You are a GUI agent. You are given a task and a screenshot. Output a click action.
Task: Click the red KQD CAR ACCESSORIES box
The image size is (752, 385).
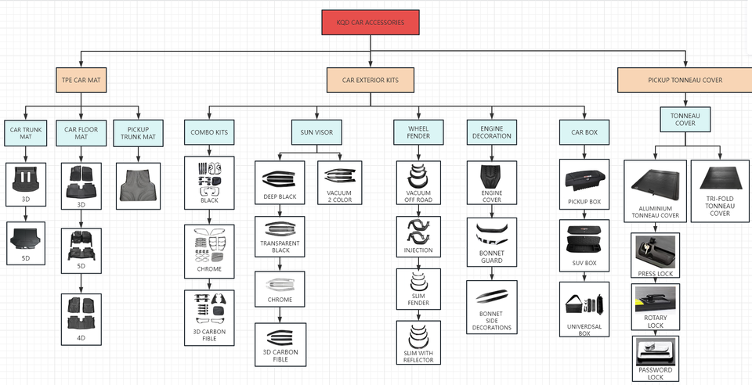(371, 23)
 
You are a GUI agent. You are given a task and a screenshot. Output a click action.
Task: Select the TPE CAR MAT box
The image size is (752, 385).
(81, 80)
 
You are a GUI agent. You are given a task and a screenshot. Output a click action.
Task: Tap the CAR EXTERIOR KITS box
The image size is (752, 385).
(371, 80)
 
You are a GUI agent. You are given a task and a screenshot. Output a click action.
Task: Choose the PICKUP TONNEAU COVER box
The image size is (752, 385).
(685, 80)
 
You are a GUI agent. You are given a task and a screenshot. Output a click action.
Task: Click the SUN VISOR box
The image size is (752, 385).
(316, 132)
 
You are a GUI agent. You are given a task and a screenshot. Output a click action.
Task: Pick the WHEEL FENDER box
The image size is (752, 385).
(418, 132)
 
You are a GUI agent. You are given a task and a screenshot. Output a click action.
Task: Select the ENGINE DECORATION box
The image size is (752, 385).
(492, 132)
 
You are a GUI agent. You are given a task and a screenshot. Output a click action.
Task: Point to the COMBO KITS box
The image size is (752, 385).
(209, 132)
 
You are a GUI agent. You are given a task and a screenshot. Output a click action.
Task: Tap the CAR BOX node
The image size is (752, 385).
(584, 132)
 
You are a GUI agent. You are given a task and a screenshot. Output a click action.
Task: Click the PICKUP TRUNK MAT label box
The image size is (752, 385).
(138, 133)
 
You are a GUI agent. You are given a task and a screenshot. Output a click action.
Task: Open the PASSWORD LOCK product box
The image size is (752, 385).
(656, 358)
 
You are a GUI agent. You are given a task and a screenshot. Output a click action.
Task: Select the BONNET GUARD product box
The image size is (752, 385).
(492, 243)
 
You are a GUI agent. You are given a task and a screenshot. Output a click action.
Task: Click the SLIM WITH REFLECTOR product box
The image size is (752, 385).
(418, 343)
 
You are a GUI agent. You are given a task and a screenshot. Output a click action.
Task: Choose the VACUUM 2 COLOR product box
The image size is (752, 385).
(339, 182)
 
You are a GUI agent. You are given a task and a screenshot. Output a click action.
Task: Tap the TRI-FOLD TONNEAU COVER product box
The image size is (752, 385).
(720, 191)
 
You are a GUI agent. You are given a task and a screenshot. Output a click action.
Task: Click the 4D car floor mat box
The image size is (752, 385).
(81, 319)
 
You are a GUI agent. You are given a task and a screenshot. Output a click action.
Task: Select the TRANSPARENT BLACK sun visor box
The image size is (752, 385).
(280, 236)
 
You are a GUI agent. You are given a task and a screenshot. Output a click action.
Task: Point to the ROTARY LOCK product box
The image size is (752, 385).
(656, 307)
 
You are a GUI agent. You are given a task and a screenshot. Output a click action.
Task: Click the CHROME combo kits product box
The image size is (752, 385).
(209, 251)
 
